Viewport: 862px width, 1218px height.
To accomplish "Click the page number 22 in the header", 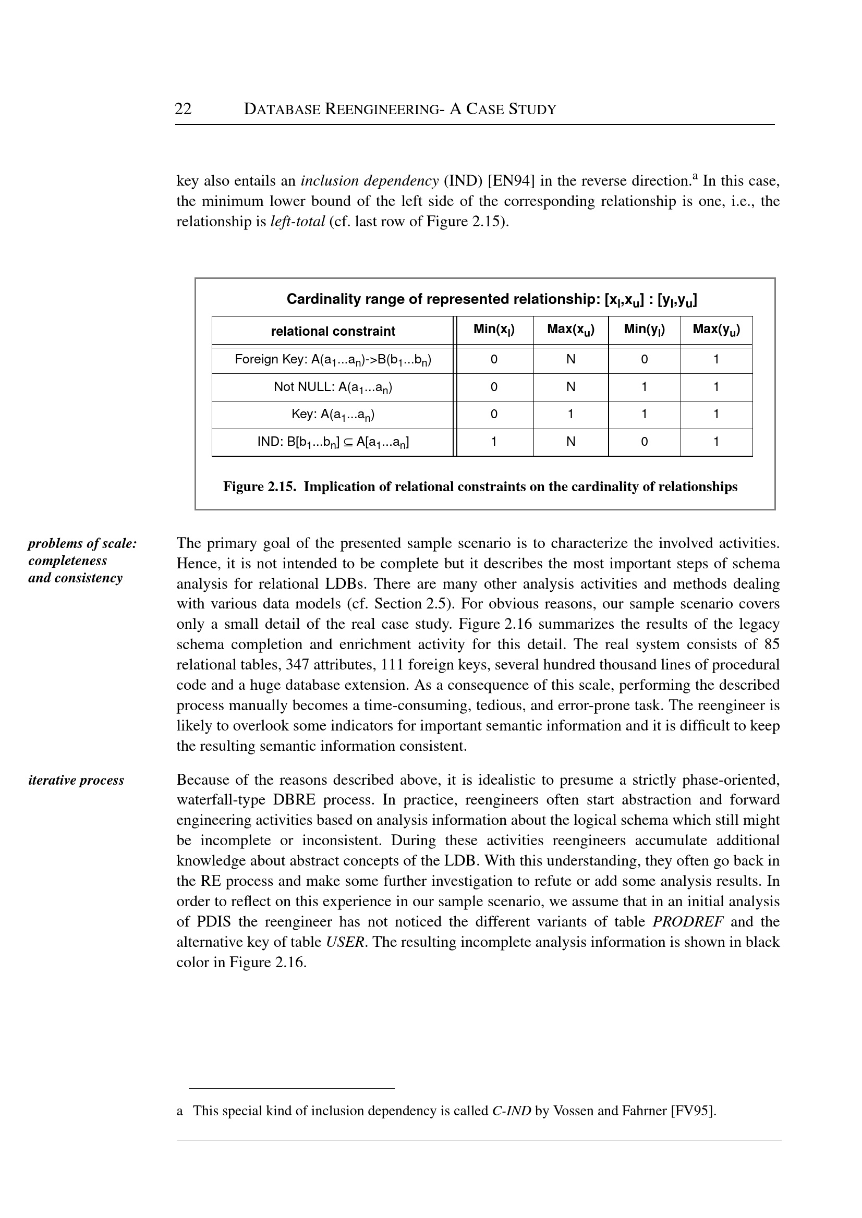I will point(183,109).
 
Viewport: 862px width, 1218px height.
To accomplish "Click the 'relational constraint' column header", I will point(333,331).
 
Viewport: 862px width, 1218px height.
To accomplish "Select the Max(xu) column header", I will point(570,330).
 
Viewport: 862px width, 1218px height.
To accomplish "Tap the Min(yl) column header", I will point(645,330).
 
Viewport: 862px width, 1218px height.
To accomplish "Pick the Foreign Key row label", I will point(333,360).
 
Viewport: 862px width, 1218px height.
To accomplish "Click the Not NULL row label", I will point(333,387).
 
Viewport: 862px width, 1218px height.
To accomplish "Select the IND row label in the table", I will point(333,442).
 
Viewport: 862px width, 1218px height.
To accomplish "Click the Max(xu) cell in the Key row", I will point(570,415).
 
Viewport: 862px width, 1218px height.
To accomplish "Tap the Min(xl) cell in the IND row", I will point(494,442).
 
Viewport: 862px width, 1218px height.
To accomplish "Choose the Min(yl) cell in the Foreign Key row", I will point(645,360).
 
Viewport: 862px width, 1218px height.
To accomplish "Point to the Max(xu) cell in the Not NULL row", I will point(570,387).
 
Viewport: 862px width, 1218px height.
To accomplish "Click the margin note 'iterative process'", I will point(76,780).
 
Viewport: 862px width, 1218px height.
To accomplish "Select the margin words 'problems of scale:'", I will point(82,543).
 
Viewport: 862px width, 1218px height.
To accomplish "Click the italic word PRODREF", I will point(688,922).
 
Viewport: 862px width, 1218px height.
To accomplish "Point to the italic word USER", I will point(345,942).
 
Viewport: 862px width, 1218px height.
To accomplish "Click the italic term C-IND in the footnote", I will point(512,1111).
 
